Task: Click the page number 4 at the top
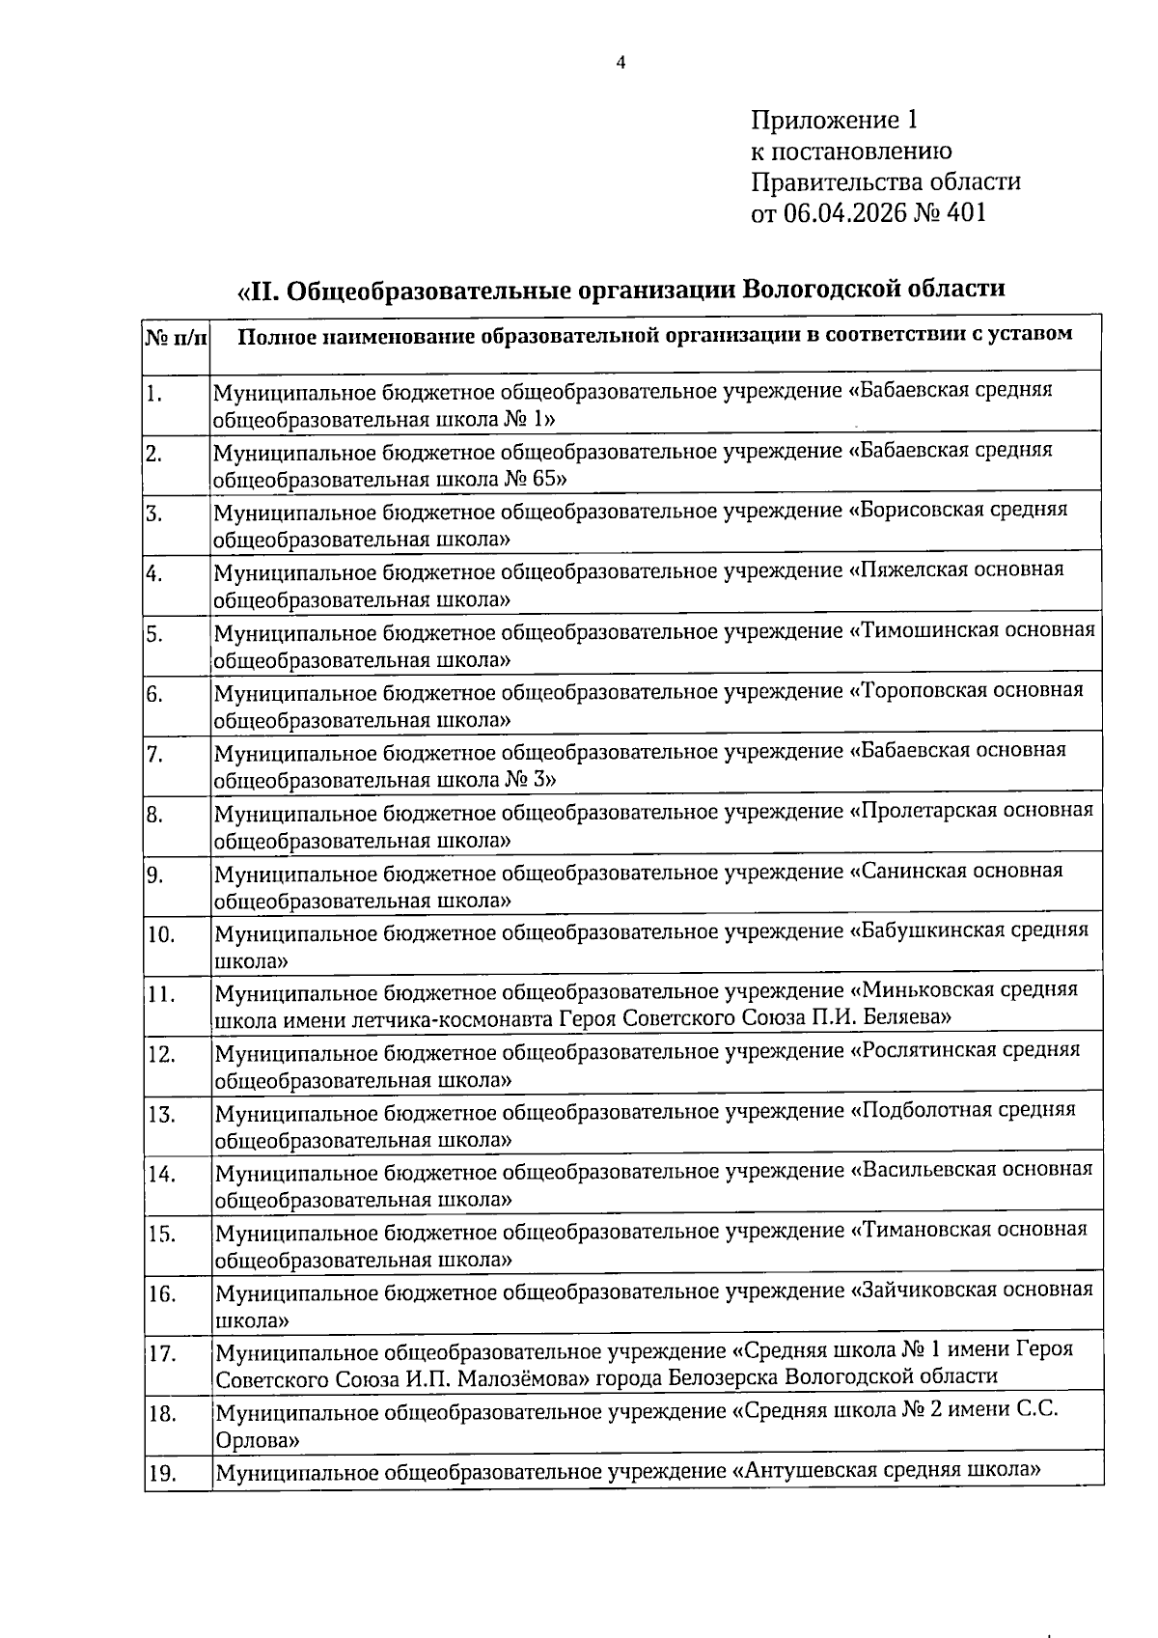click(620, 64)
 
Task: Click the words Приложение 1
click(834, 121)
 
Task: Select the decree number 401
click(967, 213)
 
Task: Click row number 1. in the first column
click(154, 394)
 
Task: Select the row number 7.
click(154, 755)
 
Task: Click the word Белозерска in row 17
click(725, 1377)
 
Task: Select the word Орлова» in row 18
click(257, 1441)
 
